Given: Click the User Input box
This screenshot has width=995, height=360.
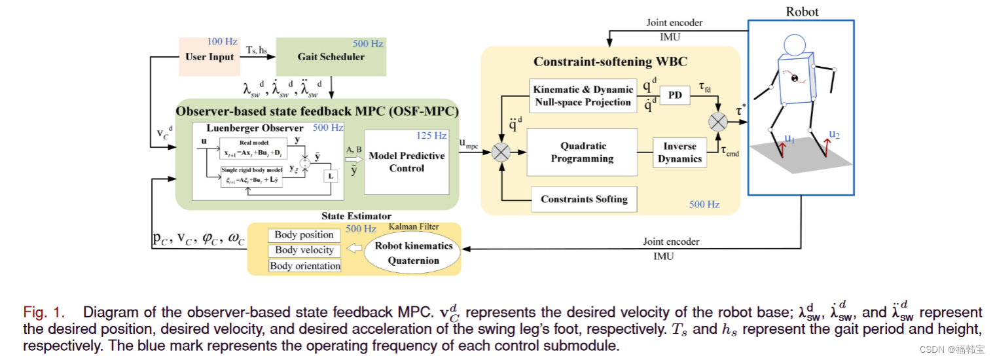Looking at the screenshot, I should click(209, 56).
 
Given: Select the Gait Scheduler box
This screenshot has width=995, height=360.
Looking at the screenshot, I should click(331, 56).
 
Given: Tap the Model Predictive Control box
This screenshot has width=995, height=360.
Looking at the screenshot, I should click(406, 162).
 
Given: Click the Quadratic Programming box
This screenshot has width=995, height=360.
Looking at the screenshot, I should click(582, 153).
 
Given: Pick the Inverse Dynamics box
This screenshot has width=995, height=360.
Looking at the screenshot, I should click(679, 153).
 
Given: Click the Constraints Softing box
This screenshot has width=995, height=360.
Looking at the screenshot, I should click(584, 199).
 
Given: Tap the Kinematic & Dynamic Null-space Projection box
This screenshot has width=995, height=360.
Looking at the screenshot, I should click(583, 96).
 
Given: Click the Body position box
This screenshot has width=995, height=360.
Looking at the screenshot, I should click(304, 235).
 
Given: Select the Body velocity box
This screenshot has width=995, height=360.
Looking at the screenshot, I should click(304, 250).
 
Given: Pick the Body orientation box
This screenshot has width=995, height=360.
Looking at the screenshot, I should click(305, 266).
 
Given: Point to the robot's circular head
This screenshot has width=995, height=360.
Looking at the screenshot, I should click(795, 45).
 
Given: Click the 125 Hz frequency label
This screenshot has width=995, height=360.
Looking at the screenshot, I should click(431, 136).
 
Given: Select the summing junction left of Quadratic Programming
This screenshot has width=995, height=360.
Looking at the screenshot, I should click(501, 153).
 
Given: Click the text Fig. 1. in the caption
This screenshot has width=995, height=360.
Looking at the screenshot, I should click(43, 312).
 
